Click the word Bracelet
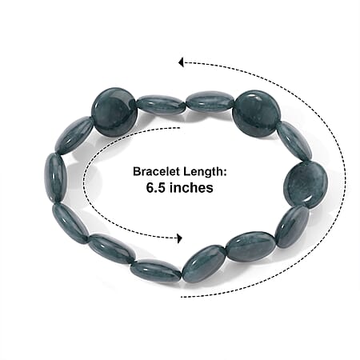click(156, 171)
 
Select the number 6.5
click(156, 187)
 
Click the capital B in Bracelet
click(137, 171)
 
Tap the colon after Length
click(224, 173)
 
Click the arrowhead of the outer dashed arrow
click(181, 62)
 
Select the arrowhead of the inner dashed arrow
click(180, 238)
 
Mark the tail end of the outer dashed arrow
click(182, 296)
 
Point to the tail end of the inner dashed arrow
click(178, 128)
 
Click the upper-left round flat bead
click(114, 112)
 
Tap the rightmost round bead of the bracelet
click(306, 185)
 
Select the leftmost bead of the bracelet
click(55, 178)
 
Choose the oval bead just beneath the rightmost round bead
click(292, 226)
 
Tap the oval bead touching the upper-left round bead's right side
click(162, 106)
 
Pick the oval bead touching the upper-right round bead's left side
click(211, 102)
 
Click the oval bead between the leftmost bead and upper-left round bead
click(74, 135)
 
